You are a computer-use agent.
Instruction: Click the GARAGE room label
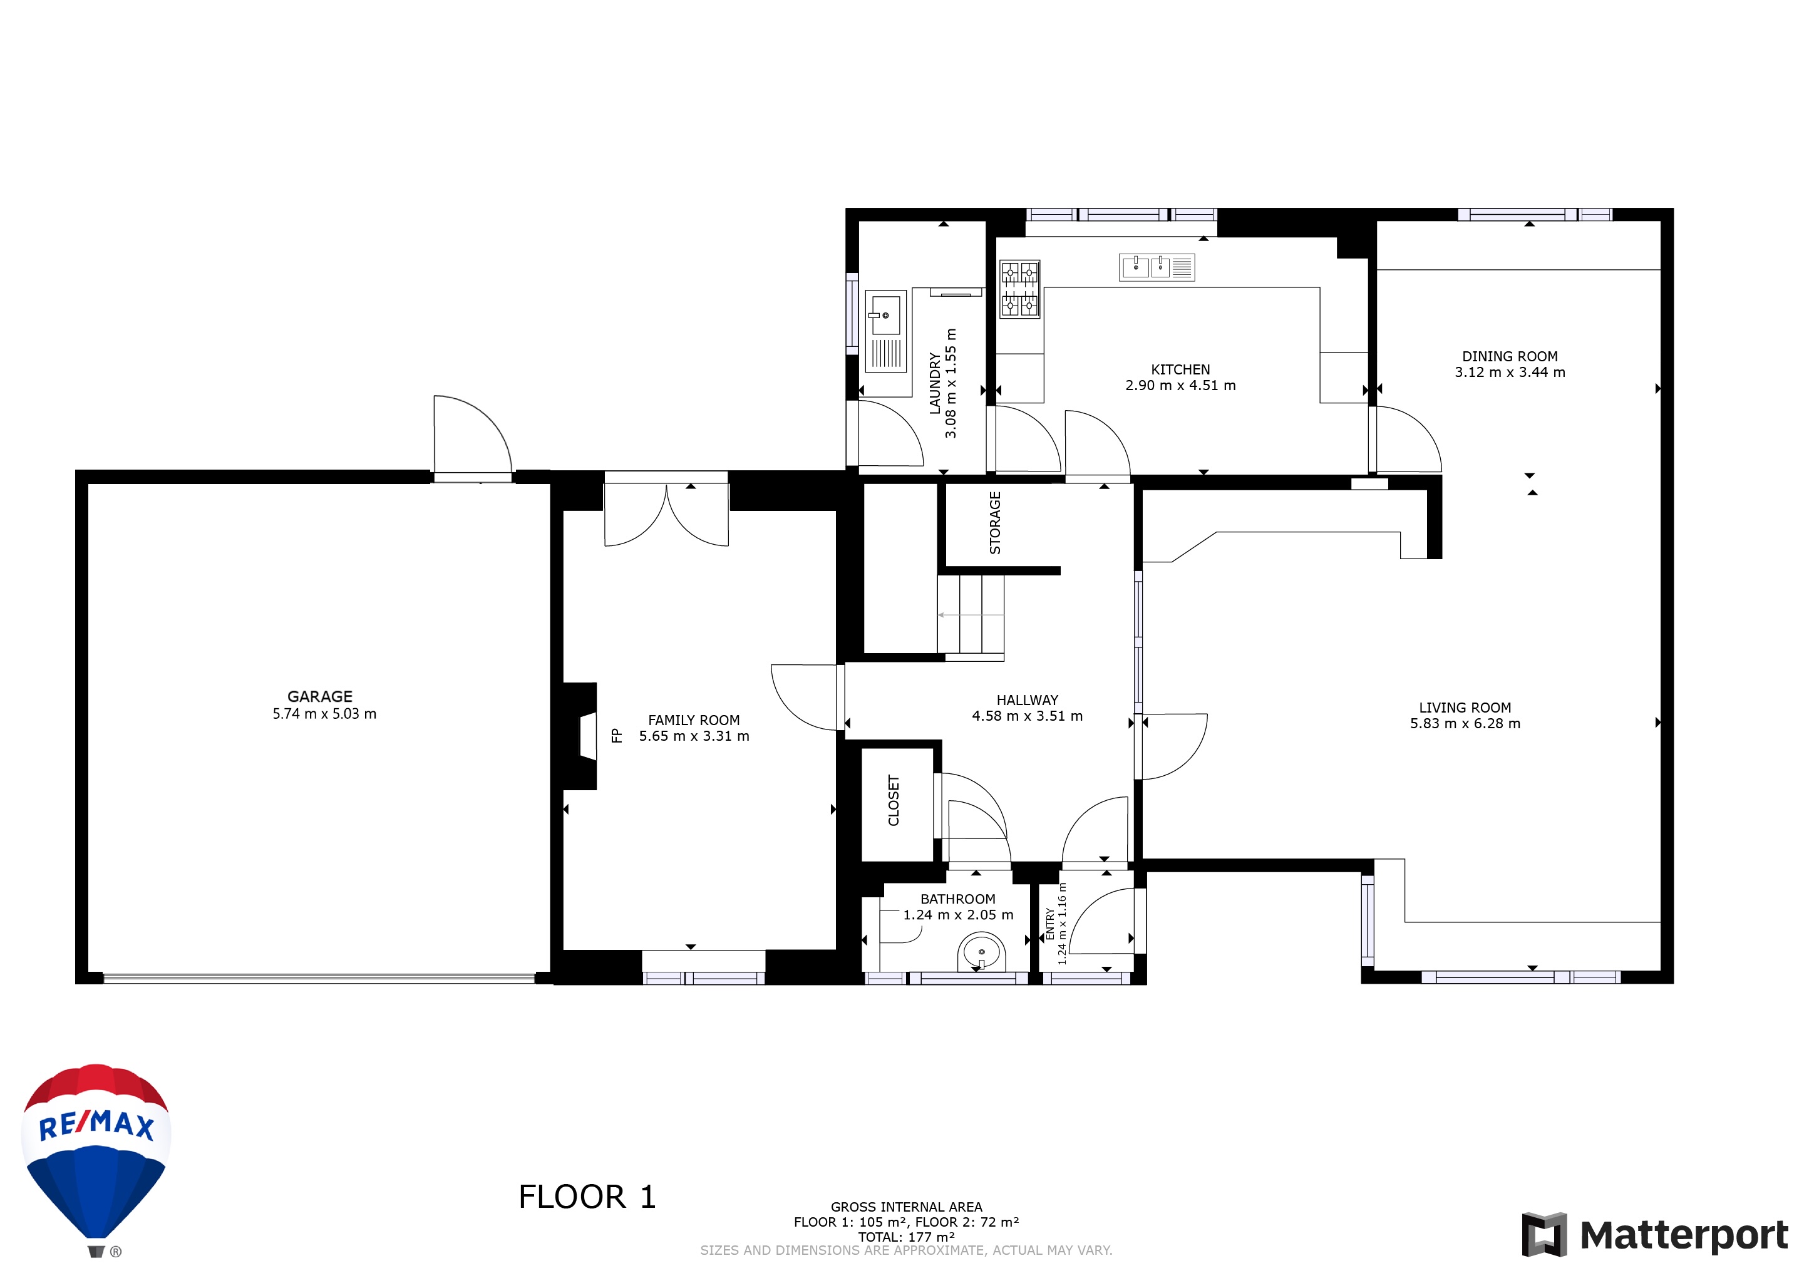click(320, 697)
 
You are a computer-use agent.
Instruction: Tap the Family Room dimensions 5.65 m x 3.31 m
click(694, 736)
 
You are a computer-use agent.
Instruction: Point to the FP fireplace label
click(617, 736)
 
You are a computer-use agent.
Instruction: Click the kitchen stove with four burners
click(1019, 289)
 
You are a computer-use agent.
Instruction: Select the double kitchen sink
click(1157, 267)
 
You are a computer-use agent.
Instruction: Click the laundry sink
click(885, 332)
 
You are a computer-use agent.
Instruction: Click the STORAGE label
click(995, 523)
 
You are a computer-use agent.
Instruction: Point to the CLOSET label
click(894, 800)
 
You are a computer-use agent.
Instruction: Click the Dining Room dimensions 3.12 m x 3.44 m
click(1510, 372)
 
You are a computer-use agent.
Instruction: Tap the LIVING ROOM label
click(1465, 708)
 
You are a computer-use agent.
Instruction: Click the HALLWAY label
click(1027, 700)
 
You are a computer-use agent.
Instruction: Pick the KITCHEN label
click(1180, 369)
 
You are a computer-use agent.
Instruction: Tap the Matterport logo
click(1655, 1234)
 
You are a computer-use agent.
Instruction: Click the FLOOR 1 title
click(587, 1197)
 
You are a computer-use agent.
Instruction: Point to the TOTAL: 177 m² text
click(906, 1237)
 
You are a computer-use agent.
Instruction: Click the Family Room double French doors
click(666, 515)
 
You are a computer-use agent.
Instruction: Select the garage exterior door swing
click(473, 435)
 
